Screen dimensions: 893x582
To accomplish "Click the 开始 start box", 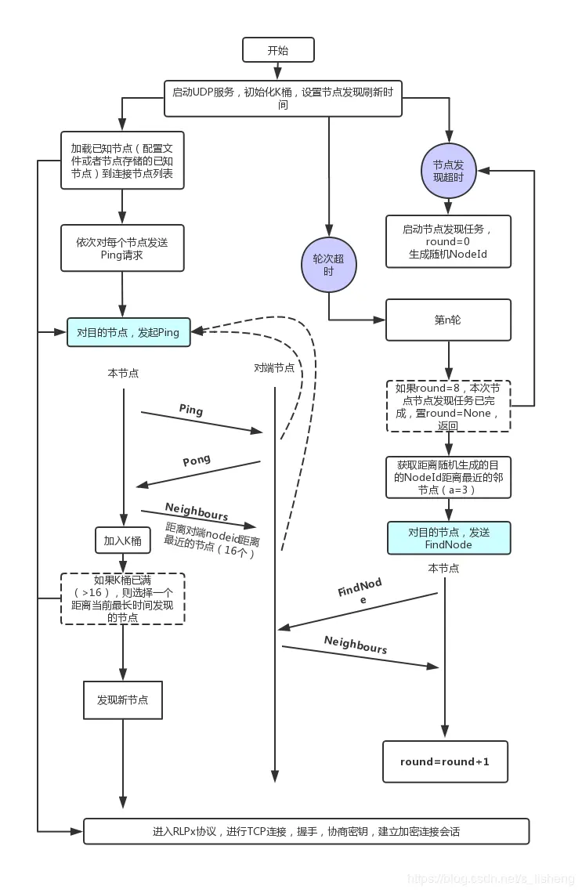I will pos(278,50).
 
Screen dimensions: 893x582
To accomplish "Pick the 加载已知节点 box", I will pos(122,160).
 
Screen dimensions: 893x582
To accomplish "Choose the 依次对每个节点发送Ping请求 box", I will pos(122,248).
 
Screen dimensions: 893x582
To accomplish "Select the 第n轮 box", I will pos(448,320).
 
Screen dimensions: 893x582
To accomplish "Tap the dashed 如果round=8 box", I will pos(448,406).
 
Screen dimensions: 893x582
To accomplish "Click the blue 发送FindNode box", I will pos(448,538).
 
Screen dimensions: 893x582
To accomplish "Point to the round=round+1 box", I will pos(445,761).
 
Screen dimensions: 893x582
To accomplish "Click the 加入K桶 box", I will pos(122,540).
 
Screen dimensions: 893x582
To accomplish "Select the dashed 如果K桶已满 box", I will pos(123,598).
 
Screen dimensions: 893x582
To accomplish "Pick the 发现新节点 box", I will pos(123,700).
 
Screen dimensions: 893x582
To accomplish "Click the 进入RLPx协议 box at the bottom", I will pos(306,831).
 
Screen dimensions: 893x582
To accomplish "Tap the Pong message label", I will pos(197,461).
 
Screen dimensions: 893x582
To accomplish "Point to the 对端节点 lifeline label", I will pos(274,367).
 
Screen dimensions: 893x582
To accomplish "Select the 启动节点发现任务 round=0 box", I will pos(448,241).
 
